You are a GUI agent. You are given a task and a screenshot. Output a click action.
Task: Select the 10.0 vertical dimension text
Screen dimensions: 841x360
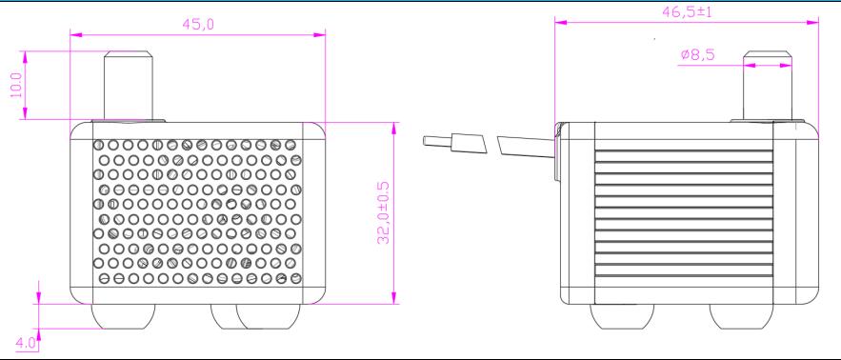16,85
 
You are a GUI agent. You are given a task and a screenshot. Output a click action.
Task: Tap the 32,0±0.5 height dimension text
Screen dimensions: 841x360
383,212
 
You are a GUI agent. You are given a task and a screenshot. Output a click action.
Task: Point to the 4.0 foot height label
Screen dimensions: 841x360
25,342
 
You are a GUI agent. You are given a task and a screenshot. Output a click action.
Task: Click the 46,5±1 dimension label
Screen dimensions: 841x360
687,11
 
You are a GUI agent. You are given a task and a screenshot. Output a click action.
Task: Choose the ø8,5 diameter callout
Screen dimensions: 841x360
698,54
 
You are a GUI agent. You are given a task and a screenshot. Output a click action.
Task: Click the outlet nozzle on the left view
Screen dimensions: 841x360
129,86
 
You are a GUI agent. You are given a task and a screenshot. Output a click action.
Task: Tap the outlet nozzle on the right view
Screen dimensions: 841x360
768,86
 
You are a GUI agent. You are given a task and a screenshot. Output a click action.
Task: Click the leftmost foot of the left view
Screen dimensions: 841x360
124,316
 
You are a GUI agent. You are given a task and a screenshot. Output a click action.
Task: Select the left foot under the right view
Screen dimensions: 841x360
622,316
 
